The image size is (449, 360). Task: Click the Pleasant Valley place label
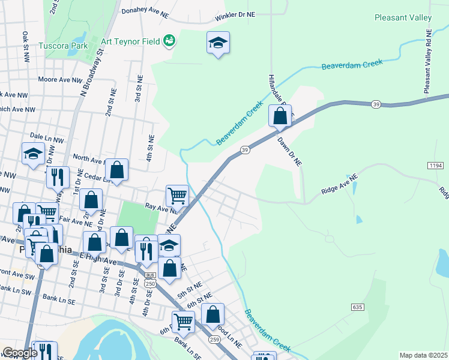[x=403, y=18]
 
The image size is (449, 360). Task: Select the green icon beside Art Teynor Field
[x=169, y=40]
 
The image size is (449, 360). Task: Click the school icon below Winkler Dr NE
[x=218, y=43]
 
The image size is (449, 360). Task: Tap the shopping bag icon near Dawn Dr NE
[x=280, y=116]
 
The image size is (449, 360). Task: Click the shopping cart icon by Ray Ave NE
[x=178, y=194]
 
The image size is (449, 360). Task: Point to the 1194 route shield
[x=435, y=164]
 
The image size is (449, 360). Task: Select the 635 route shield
[x=357, y=307]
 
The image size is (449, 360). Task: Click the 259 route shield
[x=214, y=339]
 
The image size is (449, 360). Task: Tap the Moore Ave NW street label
[x=59, y=79]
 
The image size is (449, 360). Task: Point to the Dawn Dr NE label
[x=289, y=151]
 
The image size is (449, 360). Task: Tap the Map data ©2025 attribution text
[x=423, y=355]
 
